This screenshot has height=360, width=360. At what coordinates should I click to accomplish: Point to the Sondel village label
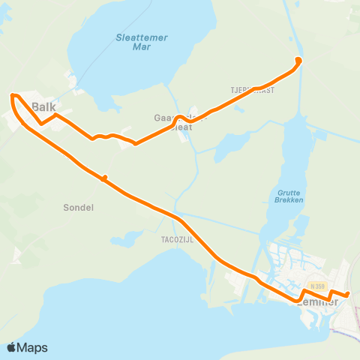click(x=79, y=208)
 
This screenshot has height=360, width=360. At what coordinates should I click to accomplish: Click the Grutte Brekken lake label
click(x=288, y=196)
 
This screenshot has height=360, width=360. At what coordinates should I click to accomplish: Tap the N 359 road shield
click(x=317, y=286)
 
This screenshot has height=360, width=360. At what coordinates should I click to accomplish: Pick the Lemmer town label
click(x=319, y=301)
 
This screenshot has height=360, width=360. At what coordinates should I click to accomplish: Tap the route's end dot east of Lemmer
click(x=347, y=294)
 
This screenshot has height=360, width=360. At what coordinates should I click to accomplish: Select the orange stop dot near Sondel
click(x=105, y=178)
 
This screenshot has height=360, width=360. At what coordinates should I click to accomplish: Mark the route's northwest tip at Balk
click(x=13, y=96)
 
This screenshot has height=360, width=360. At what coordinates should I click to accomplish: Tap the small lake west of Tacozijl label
click(x=127, y=239)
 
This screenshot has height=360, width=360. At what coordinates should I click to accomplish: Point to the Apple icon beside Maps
click(x=12, y=347)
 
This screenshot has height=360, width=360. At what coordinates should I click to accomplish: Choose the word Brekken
click(x=288, y=201)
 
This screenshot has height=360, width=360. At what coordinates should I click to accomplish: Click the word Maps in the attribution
click(x=33, y=347)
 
